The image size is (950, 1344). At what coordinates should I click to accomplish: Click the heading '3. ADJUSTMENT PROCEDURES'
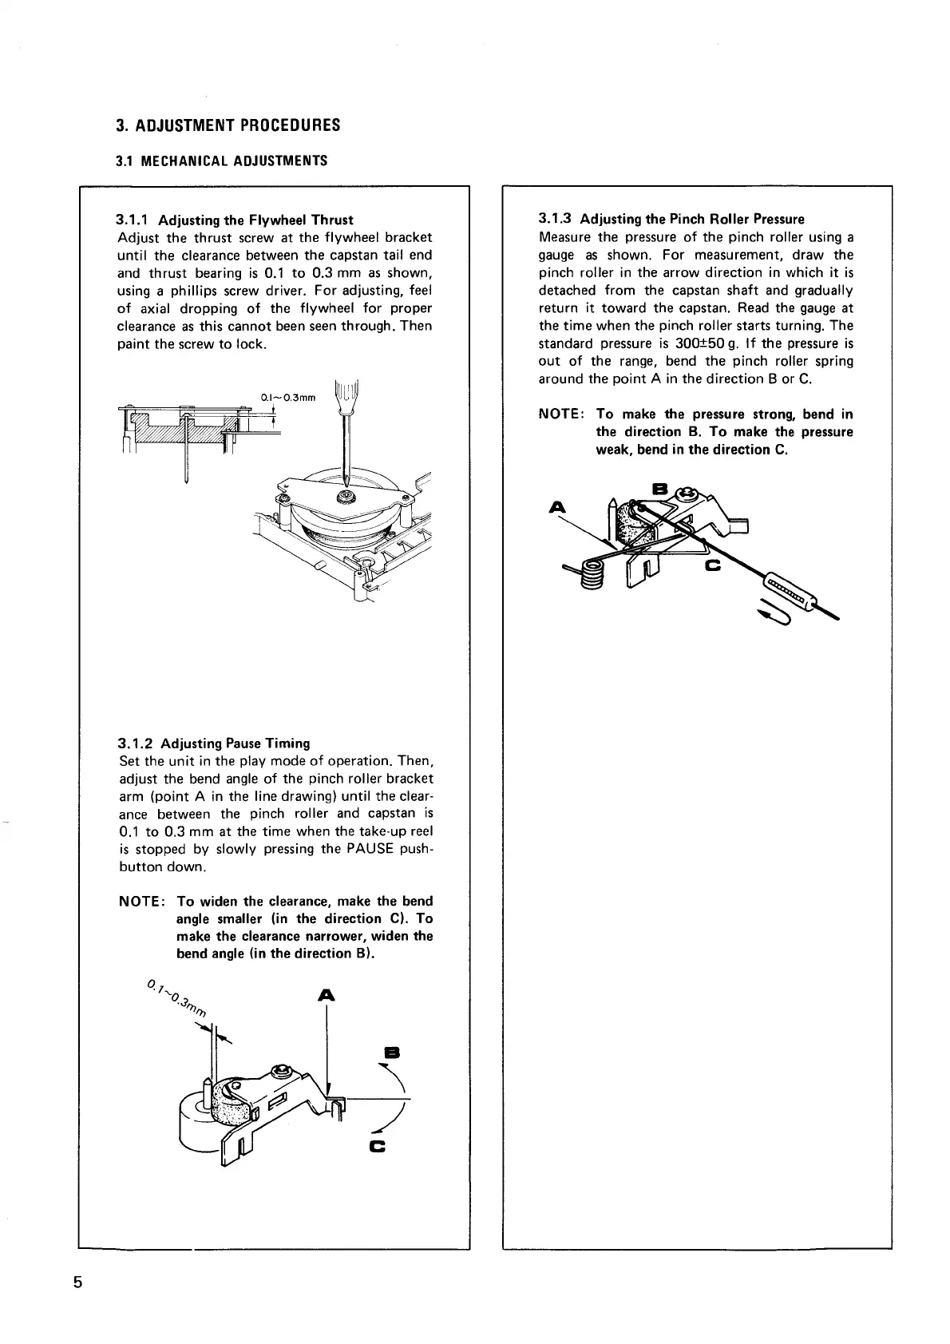tap(228, 125)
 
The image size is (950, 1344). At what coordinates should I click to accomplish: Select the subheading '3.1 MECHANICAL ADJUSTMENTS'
tap(221, 161)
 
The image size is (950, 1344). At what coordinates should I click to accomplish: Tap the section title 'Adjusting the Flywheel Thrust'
tap(255, 220)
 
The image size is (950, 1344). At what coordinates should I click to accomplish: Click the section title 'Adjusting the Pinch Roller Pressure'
tap(692, 220)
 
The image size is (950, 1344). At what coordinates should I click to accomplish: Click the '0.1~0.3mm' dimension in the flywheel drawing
tap(288, 397)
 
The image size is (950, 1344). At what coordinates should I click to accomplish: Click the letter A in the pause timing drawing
tap(325, 995)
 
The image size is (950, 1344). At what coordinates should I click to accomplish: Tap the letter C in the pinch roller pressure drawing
tap(712, 566)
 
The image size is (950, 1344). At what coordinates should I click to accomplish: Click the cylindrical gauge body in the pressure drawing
tap(792, 590)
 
